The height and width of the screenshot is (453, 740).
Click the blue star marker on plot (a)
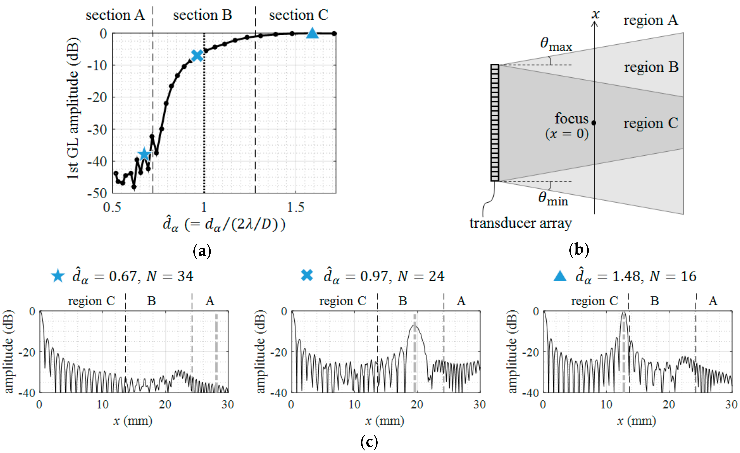coord(144,154)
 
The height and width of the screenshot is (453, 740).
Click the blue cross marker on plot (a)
coord(197,55)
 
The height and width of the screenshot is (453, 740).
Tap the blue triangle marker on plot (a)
coord(312,33)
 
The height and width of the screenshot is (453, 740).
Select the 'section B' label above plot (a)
coord(202,15)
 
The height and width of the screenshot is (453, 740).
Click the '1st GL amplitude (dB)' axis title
coord(73,108)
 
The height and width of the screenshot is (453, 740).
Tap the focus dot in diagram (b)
coord(594,123)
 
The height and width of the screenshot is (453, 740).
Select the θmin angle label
coord(553,199)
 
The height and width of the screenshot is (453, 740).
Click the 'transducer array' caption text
coord(520,223)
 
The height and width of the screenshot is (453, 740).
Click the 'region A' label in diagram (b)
coord(650,20)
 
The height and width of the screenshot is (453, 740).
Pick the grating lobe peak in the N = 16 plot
coord(624,313)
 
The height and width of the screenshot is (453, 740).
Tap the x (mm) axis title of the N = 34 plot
coord(133,421)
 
